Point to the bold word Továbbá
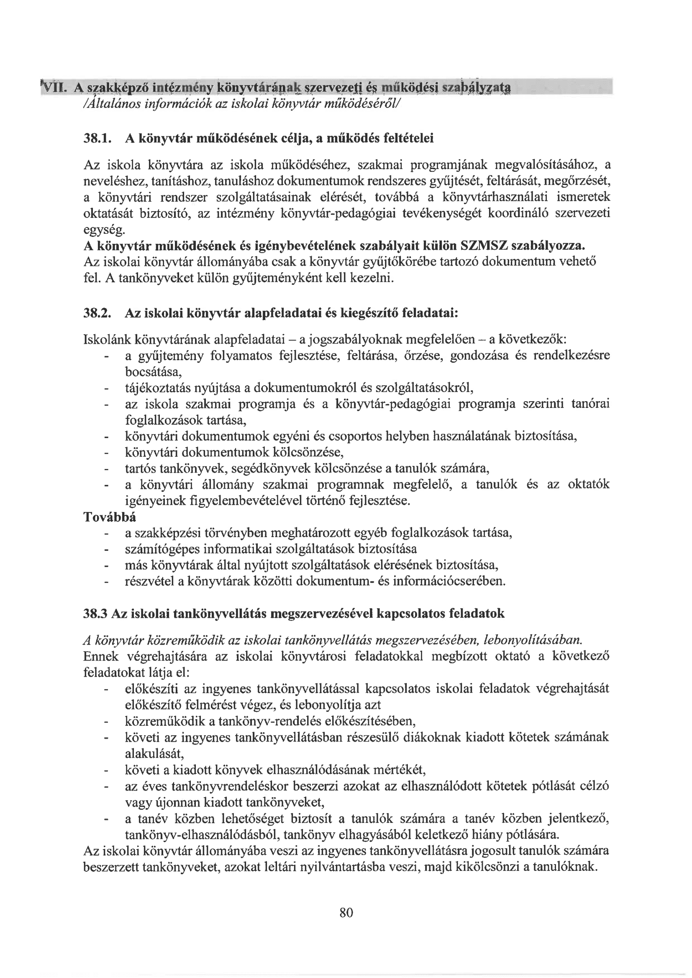click(110, 517)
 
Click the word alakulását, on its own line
click(154, 753)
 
